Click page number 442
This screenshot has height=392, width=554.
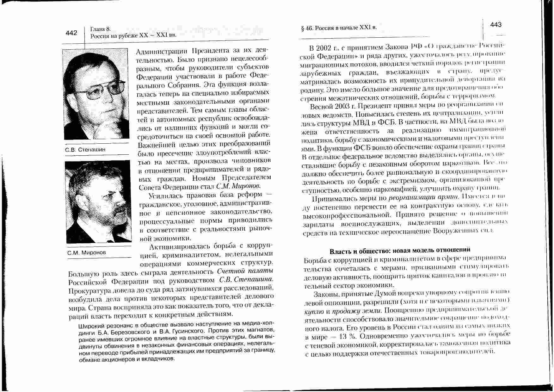(71, 33)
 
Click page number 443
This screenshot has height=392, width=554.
(496, 25)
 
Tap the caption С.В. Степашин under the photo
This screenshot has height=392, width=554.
(85, 149)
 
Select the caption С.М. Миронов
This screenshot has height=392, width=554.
(86, 252)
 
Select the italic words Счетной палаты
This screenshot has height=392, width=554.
(245, 271)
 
